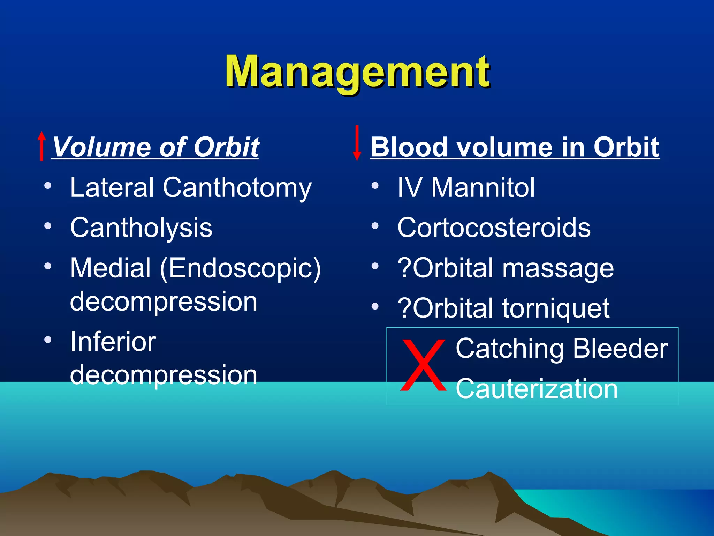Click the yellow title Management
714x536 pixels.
click(x=357, y=73)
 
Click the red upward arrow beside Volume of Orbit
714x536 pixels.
click(x=42, y=146)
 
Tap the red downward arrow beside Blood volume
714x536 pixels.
click(x=357, y=142)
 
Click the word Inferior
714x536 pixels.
click(x=113, y=342)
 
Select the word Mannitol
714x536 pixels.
click(x=483, y=188)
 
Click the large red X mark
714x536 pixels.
click(x=423, y=365)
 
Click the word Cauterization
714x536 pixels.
click(x=537, y=389)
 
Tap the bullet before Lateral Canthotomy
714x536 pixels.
click(x=48, y=186)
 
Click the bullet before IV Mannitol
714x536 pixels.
click(x=375, y=186)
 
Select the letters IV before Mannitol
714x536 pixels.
click(x=410, y=188)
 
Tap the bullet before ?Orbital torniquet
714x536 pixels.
click(x=375, y=307)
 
